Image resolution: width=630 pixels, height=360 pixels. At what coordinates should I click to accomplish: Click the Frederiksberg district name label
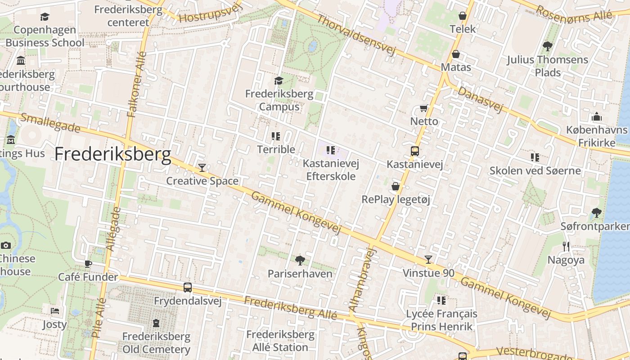(113, 154)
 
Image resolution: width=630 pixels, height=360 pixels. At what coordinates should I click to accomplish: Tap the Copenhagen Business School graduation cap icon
(45, 17)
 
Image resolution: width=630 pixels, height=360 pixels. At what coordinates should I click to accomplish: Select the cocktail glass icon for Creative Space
(202, 168)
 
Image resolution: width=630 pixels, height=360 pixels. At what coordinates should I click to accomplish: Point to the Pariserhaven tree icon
(300, 260)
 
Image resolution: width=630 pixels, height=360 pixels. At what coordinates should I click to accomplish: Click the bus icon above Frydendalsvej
(187, 287)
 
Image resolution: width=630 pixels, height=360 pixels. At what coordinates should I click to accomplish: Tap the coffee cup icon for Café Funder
(88, 263)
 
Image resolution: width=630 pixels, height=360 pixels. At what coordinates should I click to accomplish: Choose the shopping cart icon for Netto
(423, 108)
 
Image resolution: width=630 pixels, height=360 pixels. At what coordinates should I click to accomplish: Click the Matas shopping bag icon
(456, 54)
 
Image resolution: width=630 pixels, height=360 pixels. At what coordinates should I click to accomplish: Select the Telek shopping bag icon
(462, 16)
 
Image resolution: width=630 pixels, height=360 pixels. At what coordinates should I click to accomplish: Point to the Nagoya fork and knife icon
(566, 246)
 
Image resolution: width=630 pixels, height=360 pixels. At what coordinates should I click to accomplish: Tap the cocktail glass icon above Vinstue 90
(428, 260)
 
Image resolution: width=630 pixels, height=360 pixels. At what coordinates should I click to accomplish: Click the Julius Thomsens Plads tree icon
(547, 46)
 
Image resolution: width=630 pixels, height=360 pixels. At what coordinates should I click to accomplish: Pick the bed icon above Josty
(54, 311)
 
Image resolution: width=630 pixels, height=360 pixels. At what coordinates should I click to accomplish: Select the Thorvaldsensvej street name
(355, 35)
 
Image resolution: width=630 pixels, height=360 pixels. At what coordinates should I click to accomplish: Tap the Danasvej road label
(480, 100)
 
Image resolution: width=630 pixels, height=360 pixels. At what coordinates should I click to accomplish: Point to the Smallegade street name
(50, 123)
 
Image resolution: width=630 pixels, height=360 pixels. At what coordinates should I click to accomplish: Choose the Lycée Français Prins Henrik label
(441, 320)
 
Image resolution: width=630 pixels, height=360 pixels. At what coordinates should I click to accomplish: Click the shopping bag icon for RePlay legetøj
(396, 186)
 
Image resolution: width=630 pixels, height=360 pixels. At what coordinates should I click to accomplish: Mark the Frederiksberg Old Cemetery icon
(156, 323)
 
